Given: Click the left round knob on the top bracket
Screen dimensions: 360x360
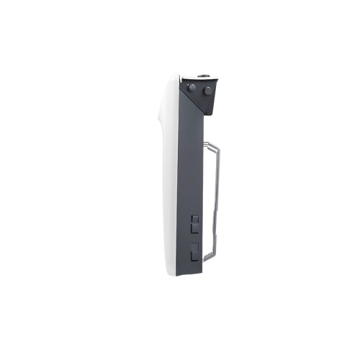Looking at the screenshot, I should point(192,88).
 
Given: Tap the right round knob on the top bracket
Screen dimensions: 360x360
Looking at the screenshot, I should point(208,91).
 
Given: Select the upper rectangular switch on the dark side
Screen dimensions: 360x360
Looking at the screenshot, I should point(194,225).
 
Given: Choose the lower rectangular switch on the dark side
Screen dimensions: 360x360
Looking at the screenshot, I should point(194,252).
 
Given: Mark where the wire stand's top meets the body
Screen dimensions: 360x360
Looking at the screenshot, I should point(207,141).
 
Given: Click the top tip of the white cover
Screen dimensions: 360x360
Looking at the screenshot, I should point(177,76).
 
